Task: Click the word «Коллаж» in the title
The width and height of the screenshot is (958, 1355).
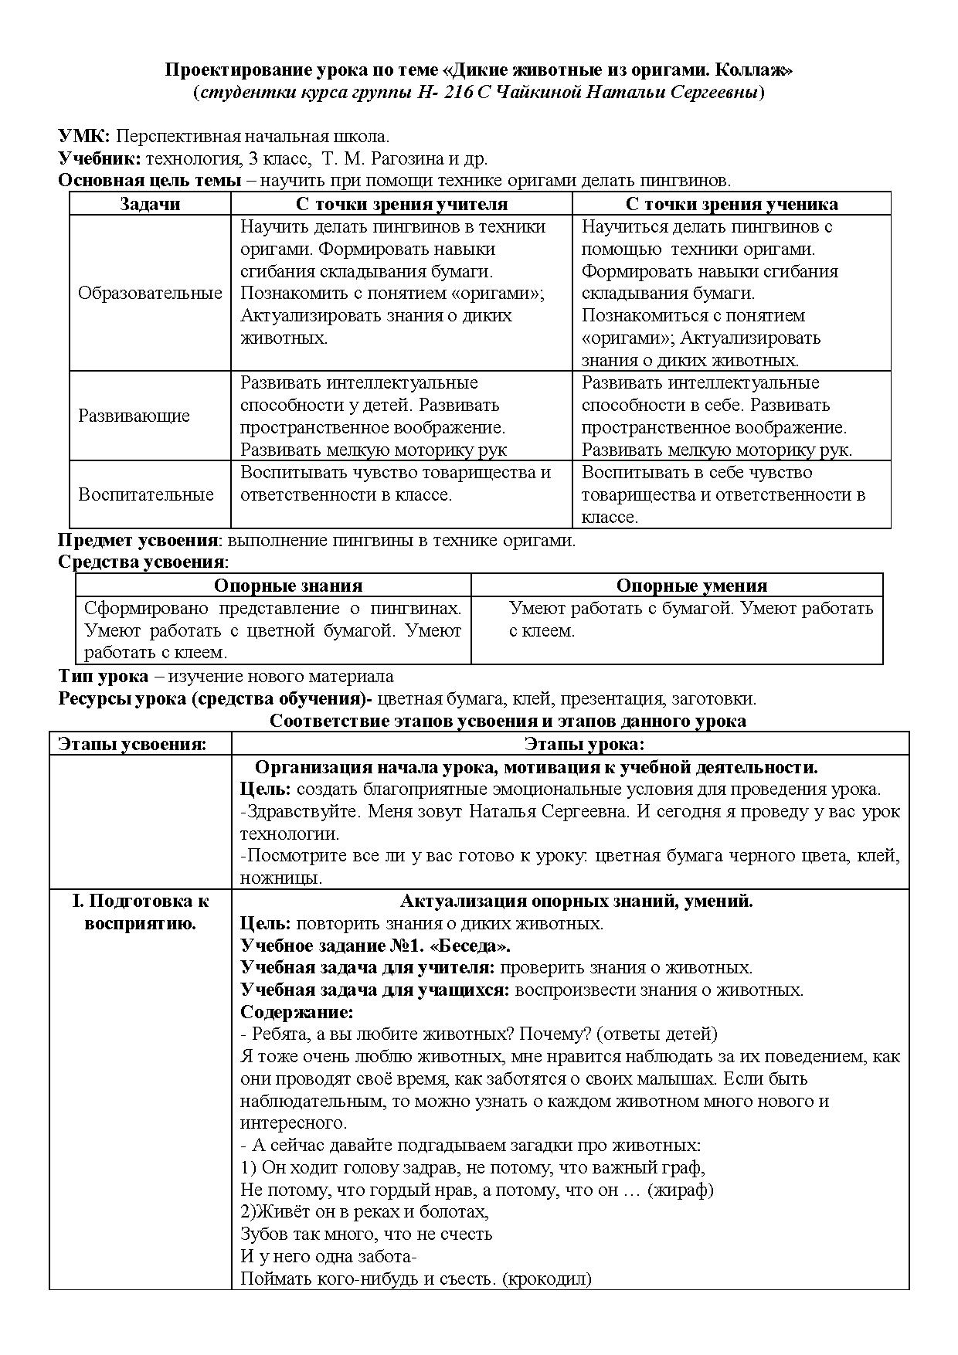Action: tap(754, 70)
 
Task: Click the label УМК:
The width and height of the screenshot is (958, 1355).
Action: tap(83, 137)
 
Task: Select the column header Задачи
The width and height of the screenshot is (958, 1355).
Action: tap(150, 204)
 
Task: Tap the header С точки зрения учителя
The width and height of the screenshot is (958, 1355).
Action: tap(402, 204)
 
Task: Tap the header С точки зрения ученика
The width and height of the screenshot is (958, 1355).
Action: tap(731, 204)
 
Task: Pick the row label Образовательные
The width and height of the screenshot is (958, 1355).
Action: tap(150, 294)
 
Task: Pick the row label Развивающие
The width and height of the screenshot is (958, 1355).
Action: tap(134, 416)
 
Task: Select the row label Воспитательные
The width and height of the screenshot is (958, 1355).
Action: tap(146, 494)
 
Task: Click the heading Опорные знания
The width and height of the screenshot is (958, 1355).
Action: tap(288, 586)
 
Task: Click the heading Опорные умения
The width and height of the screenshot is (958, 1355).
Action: tap(691, 586)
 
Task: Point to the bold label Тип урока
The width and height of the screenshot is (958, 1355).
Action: tap(104, 677)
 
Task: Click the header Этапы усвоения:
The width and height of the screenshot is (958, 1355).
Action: tap(133, 744)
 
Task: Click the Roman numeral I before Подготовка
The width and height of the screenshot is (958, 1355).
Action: tap(76, 901)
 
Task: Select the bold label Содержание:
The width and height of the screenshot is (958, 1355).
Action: tap(297, 1012)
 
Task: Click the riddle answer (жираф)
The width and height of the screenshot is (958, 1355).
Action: tap(680, 1190)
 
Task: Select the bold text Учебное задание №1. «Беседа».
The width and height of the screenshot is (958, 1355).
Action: tap(375, 946)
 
